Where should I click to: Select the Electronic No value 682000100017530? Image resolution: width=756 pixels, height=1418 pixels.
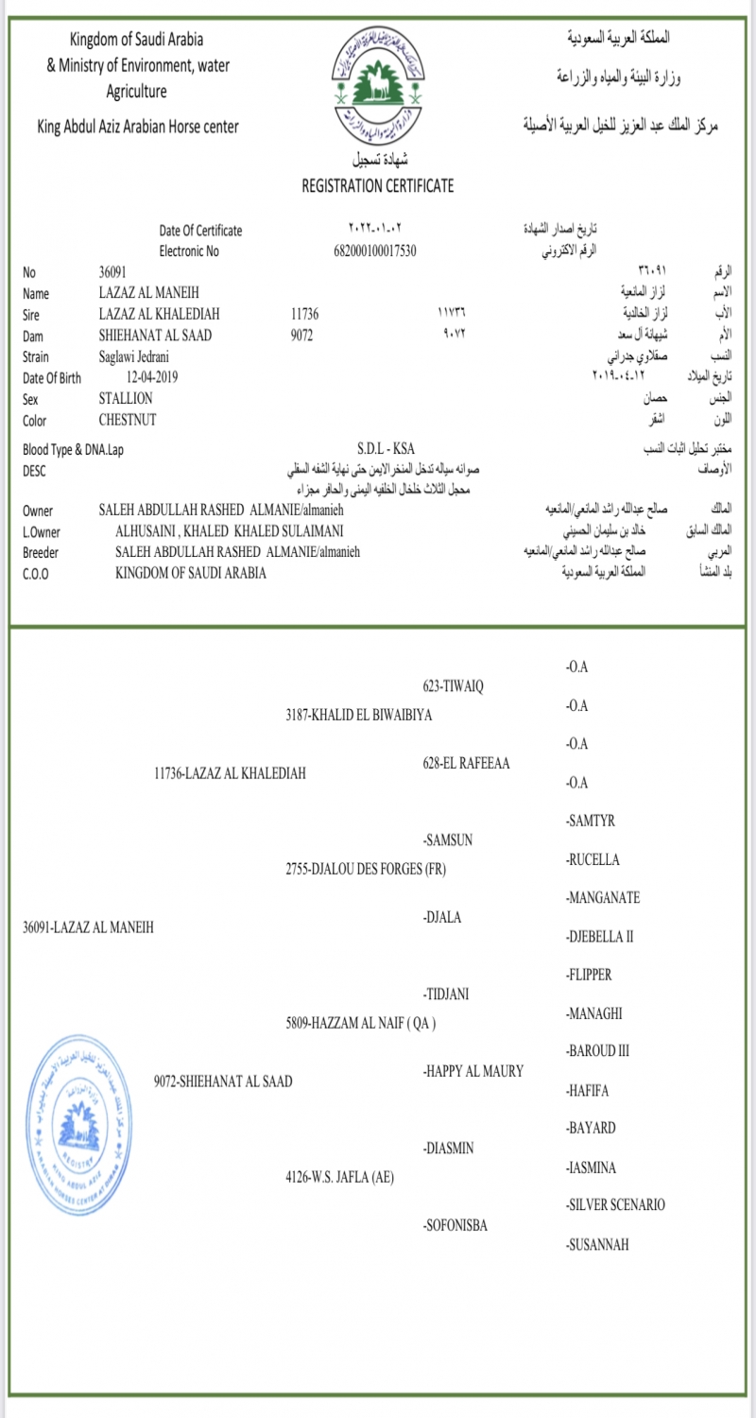click(x=376, y=251)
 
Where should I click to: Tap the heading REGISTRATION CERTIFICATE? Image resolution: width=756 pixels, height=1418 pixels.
click(x=377, y=185)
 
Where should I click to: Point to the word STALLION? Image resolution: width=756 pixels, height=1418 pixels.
click(x=126, y=398)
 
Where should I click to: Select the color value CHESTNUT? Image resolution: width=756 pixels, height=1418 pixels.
click(x=128, y=420)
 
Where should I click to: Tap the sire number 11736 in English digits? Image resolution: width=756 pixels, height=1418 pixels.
click(x=308, y=314)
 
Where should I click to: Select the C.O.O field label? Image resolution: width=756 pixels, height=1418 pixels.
click(x=37, y=573)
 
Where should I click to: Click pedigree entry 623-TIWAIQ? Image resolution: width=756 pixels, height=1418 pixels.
click(x=453, y=685)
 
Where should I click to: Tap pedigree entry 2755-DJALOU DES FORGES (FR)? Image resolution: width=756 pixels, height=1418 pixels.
click(x=365, y=869)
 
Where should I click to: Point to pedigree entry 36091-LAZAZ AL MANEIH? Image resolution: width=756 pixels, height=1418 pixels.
click(x=87, y=926)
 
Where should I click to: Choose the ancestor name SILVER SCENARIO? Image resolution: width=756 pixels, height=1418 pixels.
click(x=615, y=1204)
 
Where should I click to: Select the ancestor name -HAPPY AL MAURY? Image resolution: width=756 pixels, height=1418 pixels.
click(x=473, y=1070)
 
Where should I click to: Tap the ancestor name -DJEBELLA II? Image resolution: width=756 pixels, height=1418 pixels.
click(x=599, y=936)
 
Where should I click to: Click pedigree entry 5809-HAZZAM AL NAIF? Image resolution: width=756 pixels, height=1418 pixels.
click(x=360, y=1022)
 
